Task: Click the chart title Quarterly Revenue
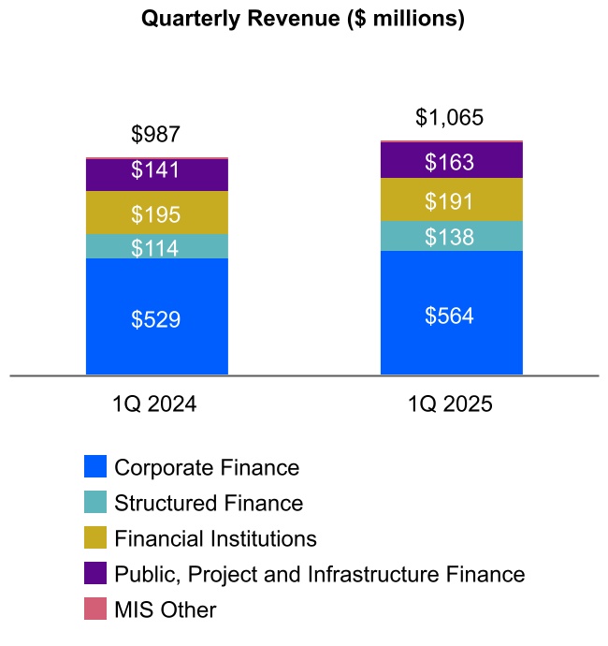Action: pyautogui.click(x=303, y=19)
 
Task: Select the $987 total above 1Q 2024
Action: pyautogui.click(x=155, y=135)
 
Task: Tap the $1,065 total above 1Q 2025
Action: pyautogui.click(x=450, y=118)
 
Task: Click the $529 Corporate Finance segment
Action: pyautogui.click(x=156, y=319)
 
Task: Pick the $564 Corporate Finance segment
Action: pyautogui.click(x=450, y=316)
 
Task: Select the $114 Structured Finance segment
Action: pyautogui.click(x=156, y=248)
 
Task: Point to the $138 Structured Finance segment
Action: pyautogui.click(x=450, y=237)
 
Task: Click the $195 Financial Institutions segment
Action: pyautogui.click(x=156, y=214)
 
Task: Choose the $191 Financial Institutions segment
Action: pyautogui.click(x=450, y=201)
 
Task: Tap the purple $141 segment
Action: pyautogui.click(x=156, y=171)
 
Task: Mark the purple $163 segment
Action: pyautogui.click(x=450, y=161)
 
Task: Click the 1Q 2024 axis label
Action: pyautogui.click(x=154, y=405)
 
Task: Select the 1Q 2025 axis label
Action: pyautogui.click(x=450, y=405)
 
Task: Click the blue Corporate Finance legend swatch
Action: pyautogui.click(x=95, y=467)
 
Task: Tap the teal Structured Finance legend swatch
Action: pyautogui.click(x=95, y=503)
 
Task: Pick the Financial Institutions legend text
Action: pyautogui.click(x=215, y=538)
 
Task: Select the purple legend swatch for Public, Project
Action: pyautogui.click(x=95, y=574)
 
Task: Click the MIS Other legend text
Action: pyautogui.click(x=165, y=609)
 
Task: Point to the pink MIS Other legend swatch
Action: pyautogui.click(x=95, y=609)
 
